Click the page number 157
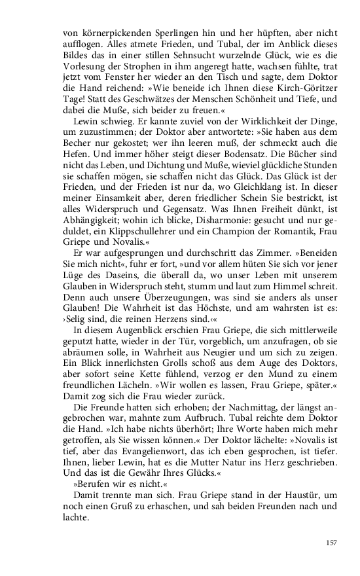point(331,543)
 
